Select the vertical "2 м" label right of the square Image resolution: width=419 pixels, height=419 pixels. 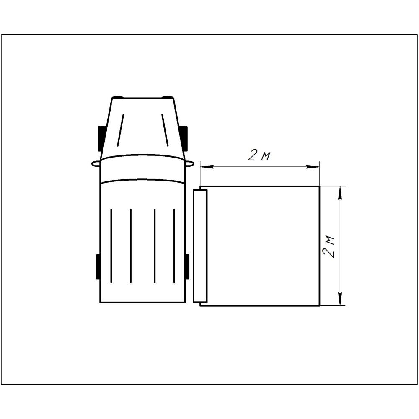click(328, 246)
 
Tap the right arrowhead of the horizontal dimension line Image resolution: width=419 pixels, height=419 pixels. click(313, 167)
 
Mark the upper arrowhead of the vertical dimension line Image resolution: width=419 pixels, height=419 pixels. click(340, 193)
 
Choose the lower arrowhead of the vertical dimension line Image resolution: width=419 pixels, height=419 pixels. click(340, 299)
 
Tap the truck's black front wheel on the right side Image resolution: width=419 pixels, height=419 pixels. click(184, 138)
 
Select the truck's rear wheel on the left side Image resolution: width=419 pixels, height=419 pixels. click(98, 266)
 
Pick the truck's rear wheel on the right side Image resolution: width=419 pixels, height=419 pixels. click(187, 266)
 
